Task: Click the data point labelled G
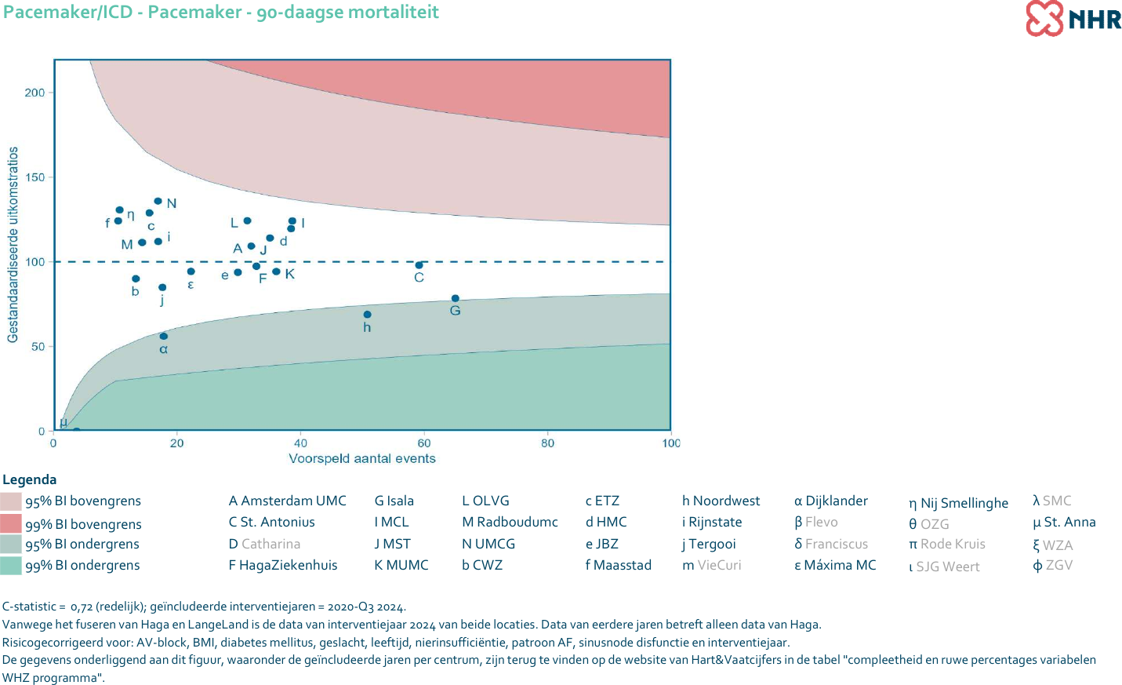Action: [x=456, y=298]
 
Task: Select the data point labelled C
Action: [x=419, y=265]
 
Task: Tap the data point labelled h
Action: [x=367, y=315]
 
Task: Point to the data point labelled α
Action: [x=163, y=336]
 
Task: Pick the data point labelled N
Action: [x=158, y=202]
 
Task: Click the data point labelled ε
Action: [x=191, y=271]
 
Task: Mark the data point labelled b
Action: [x=136, y=279]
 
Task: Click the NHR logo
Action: [x=1073, y=18]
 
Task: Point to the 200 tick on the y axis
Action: [x=35, y=93]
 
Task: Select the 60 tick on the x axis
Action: [x=424, y=443]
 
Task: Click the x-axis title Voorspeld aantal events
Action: [x=362, y=459]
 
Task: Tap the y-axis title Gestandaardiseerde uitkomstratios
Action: [x=13, y=244]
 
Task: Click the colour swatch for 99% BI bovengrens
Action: [x=11, y=523]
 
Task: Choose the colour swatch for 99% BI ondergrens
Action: [x=11, y=565]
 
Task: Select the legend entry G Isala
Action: [x=394, y=501]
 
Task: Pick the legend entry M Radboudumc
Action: [x=510, y=522]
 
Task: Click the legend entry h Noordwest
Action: [x=721, y=501]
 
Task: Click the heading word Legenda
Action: [x=30, y=479]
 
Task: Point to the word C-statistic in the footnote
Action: [x=30, y=607]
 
